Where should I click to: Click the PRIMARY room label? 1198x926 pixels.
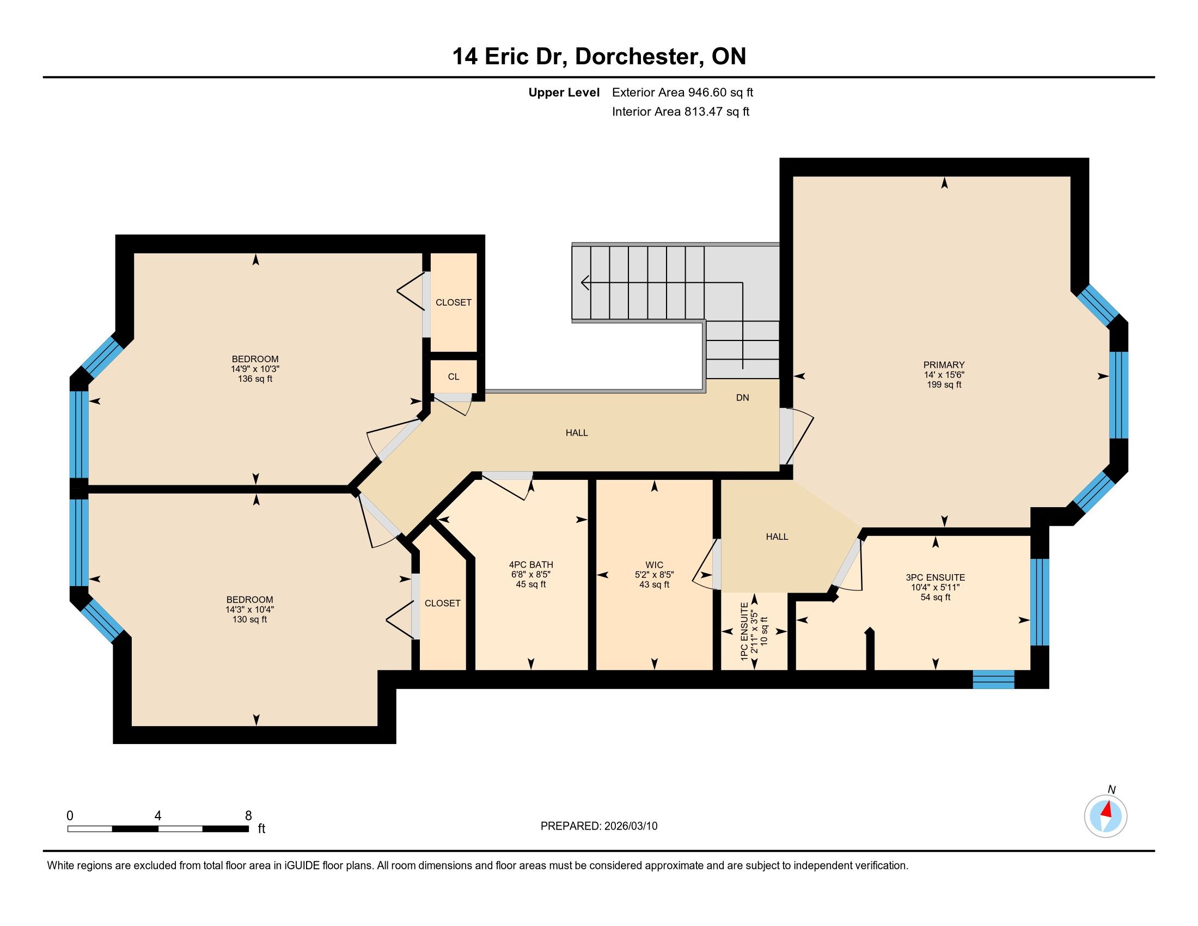944,365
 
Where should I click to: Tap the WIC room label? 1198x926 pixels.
654,565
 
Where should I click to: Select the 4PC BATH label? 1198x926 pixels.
531,564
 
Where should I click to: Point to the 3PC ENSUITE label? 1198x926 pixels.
935,577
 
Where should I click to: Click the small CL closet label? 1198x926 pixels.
454,377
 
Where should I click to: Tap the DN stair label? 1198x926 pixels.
742,398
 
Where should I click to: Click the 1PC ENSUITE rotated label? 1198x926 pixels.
744,631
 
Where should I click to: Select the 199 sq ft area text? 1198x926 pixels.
944,385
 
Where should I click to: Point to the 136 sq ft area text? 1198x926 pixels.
255,379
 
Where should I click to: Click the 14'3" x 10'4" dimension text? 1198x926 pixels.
249,610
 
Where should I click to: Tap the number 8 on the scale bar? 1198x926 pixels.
248,816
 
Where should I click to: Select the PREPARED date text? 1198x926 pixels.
599,826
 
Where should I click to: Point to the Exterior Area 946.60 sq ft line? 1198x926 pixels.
682,92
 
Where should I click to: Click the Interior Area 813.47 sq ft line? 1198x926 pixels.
680,112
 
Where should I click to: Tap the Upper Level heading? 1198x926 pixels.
564,93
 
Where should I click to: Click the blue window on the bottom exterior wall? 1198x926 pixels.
993,679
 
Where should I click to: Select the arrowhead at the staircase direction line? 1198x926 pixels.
585,283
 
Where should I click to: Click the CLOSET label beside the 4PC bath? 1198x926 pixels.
442,604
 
